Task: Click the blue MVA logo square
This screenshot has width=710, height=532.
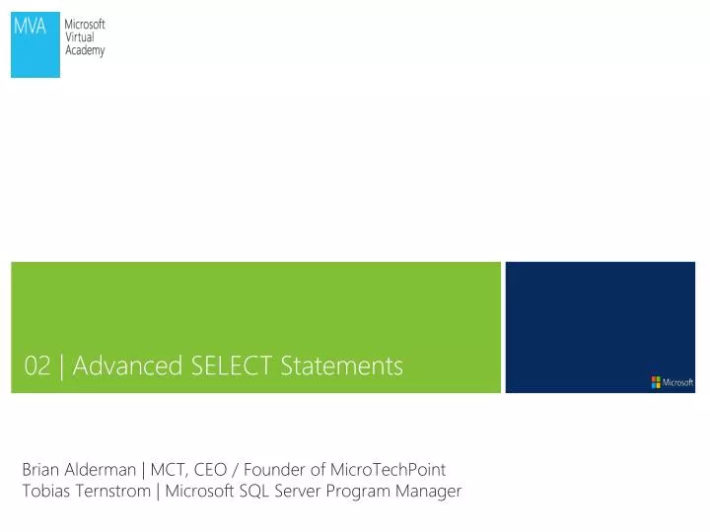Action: [x=35, y=46]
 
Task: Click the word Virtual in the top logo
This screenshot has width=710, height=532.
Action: [x=79, y=37]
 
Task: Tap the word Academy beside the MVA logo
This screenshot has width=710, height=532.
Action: [x=85, y=50]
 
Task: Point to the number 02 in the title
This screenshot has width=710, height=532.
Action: [x=37, y=366]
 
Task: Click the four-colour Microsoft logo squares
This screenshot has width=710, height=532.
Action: [x=656, y=382]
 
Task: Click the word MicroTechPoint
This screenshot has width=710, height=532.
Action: [x=388, y=470]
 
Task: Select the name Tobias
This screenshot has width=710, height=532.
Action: [x=44, y=491]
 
